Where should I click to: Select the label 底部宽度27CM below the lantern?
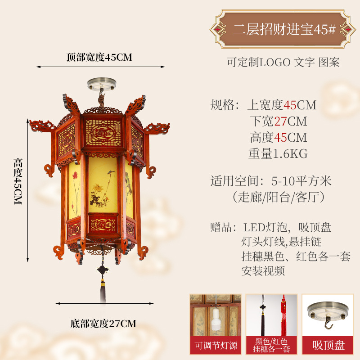pos(103,323)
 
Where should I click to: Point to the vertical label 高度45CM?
pos(18,181)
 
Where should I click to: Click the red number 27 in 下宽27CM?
pos(281,121)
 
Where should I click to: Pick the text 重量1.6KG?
pos(278,153)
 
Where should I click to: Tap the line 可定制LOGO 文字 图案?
pos(283,63)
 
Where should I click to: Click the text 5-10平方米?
pos(301,181)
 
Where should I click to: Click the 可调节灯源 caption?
pos(216,345)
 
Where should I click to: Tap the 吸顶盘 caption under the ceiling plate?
pos(328,345)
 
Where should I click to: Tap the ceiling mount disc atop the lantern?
pos(101,84)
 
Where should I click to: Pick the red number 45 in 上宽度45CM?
pos(290,105)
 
